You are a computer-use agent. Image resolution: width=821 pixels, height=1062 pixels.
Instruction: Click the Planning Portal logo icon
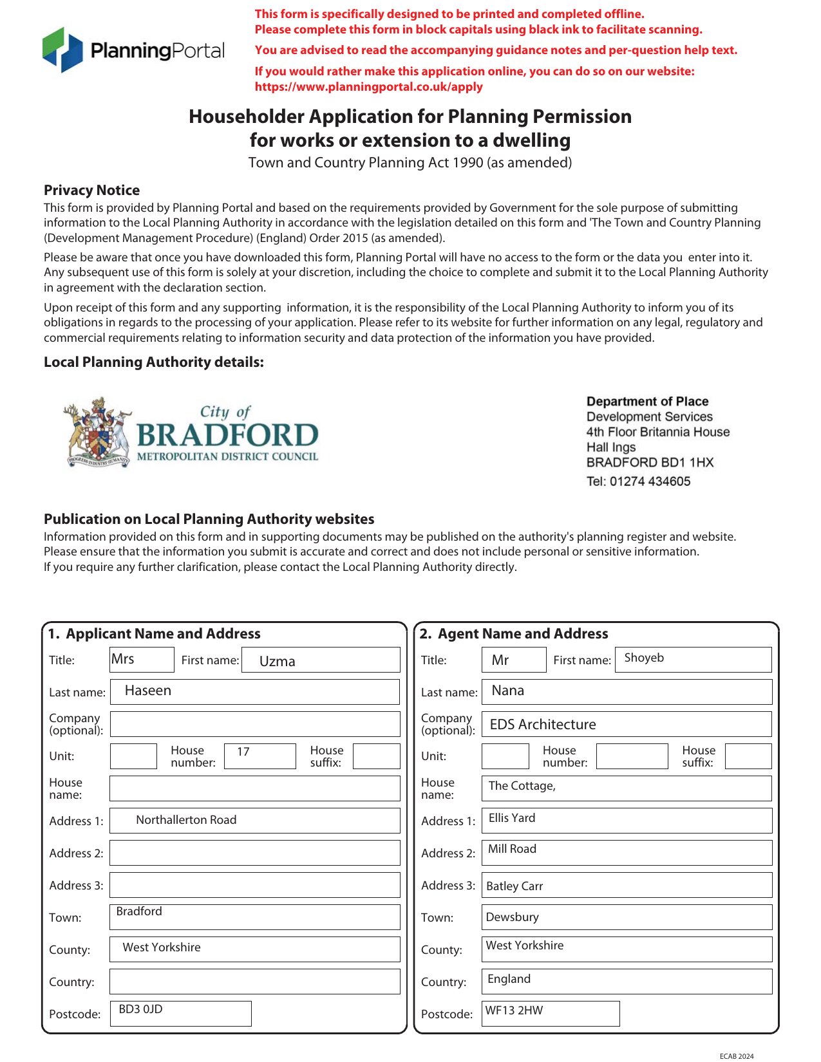62,50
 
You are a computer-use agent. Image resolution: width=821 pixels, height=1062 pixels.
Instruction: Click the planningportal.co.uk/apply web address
368,87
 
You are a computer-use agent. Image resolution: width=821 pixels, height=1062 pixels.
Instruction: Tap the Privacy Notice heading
91,191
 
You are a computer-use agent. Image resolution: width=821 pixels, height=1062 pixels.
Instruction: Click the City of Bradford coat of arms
99,432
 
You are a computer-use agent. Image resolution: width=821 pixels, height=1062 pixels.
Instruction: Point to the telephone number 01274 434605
650,481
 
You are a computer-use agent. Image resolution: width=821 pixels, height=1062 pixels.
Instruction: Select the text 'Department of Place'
647,401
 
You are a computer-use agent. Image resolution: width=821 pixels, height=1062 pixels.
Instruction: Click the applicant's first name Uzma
277,661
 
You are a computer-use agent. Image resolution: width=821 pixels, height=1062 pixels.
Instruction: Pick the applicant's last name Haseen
148,691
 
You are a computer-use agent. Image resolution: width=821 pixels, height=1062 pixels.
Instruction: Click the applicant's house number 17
243,752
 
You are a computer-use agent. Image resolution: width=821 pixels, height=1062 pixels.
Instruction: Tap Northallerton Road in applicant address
186,820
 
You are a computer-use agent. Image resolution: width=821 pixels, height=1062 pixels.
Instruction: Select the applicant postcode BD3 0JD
140,1009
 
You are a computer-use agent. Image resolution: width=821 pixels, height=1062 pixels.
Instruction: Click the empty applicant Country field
254,982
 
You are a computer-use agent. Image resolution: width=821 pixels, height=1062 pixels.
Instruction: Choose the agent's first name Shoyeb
644,658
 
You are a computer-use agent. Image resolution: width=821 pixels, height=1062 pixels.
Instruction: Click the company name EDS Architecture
543,725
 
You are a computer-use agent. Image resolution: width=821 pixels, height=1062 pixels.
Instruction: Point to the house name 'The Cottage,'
522,786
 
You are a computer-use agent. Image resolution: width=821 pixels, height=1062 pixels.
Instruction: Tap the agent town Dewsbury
512,917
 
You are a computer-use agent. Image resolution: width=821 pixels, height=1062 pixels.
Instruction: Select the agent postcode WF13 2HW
514,1011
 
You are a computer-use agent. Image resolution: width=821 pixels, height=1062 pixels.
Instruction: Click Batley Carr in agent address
514,886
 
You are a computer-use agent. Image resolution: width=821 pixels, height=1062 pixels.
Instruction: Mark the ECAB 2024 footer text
736,1056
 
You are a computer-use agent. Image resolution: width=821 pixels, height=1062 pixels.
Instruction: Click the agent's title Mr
500,660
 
